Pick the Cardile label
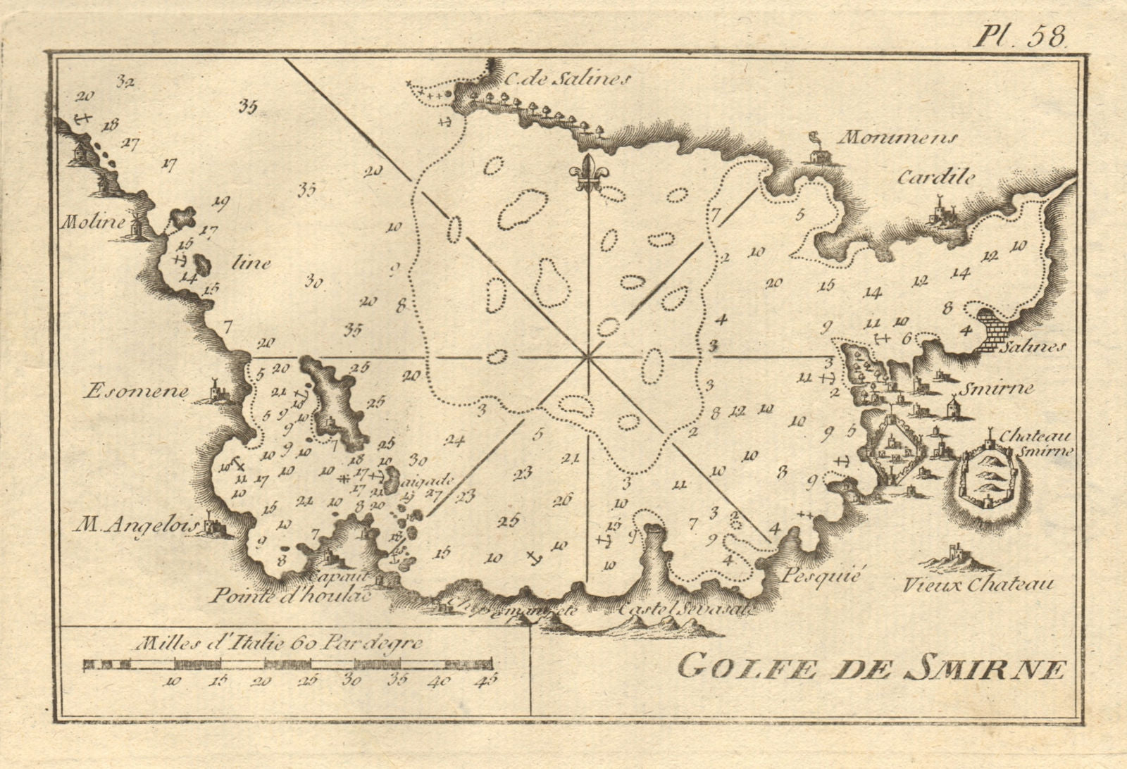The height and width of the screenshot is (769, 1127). [936, 178]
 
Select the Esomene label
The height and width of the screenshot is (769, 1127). [135, 392]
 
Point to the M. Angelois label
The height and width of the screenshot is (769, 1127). [137, 525]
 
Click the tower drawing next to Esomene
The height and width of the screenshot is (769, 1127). [212, 390]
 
